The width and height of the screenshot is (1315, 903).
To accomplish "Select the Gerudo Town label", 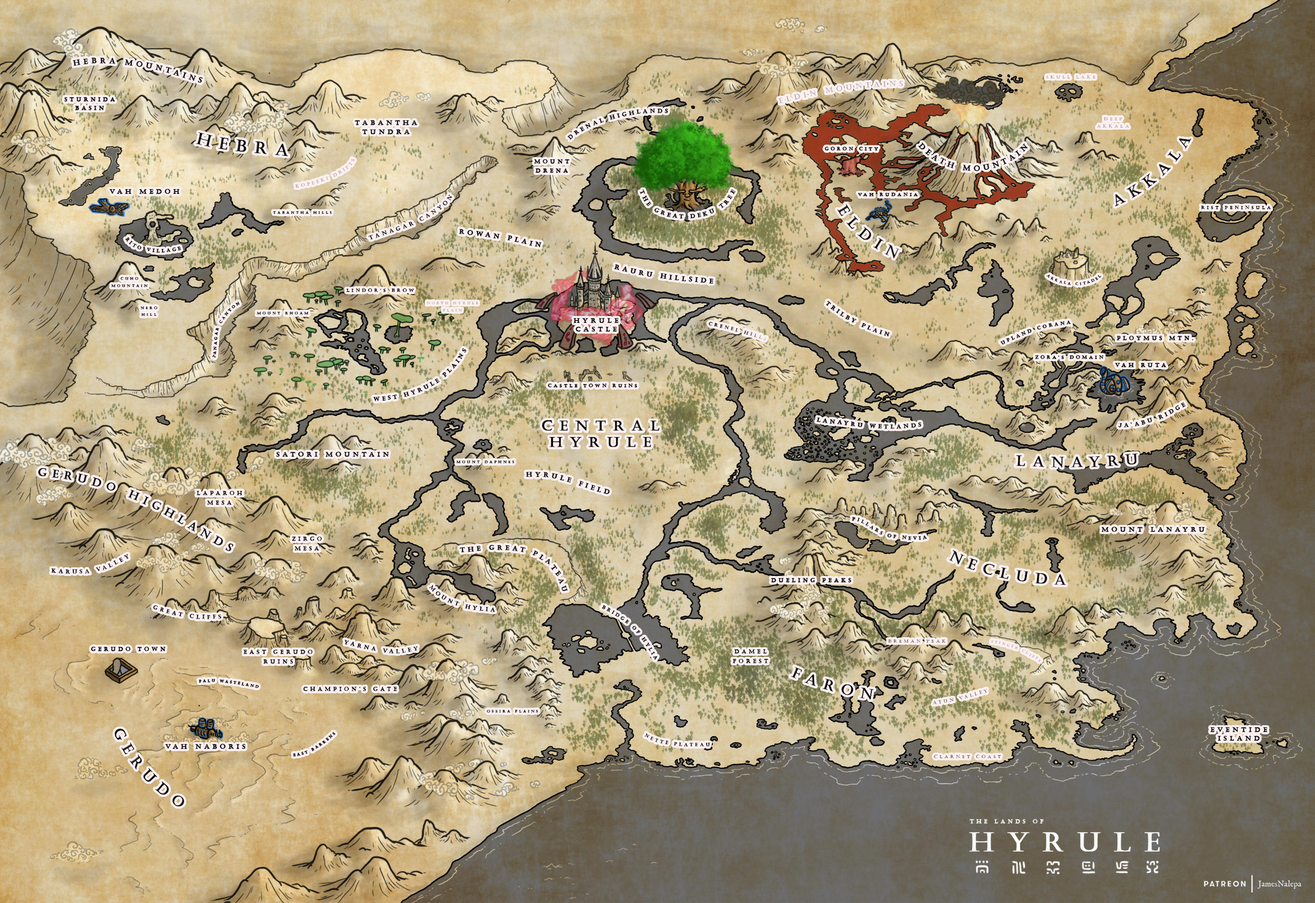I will (x=129, y=649).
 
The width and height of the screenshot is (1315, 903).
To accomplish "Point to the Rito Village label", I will (x=153, y=244).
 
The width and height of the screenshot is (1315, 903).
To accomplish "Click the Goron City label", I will (x=851, y=149).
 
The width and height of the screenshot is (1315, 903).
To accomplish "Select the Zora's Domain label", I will (x=1069, y=357).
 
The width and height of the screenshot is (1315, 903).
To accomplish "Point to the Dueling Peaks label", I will (x=811, y=580).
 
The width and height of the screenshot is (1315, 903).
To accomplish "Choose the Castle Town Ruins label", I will (x=592, y=385).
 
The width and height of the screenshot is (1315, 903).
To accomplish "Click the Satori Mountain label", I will (x=332, y=454).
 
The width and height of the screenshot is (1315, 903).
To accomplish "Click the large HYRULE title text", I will (x=1065, y=842).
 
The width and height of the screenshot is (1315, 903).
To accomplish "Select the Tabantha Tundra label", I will (x=386, y=127).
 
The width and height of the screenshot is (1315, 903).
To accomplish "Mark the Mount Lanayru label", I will (x=1152, y=530).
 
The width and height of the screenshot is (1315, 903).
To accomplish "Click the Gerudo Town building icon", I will (x=121, y=671).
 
